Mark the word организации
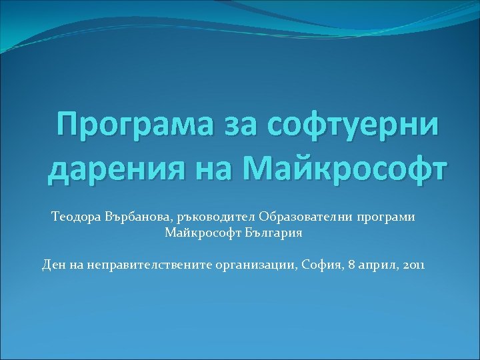(x=256, y=265)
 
